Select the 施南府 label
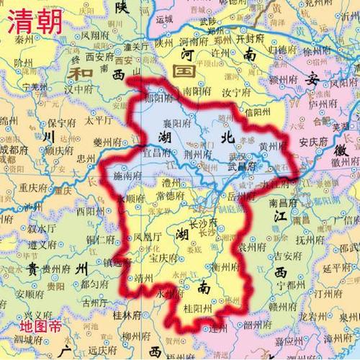pyautogui.click(x=129, y=174)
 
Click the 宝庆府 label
pyautogui.click(x=163, y=256)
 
